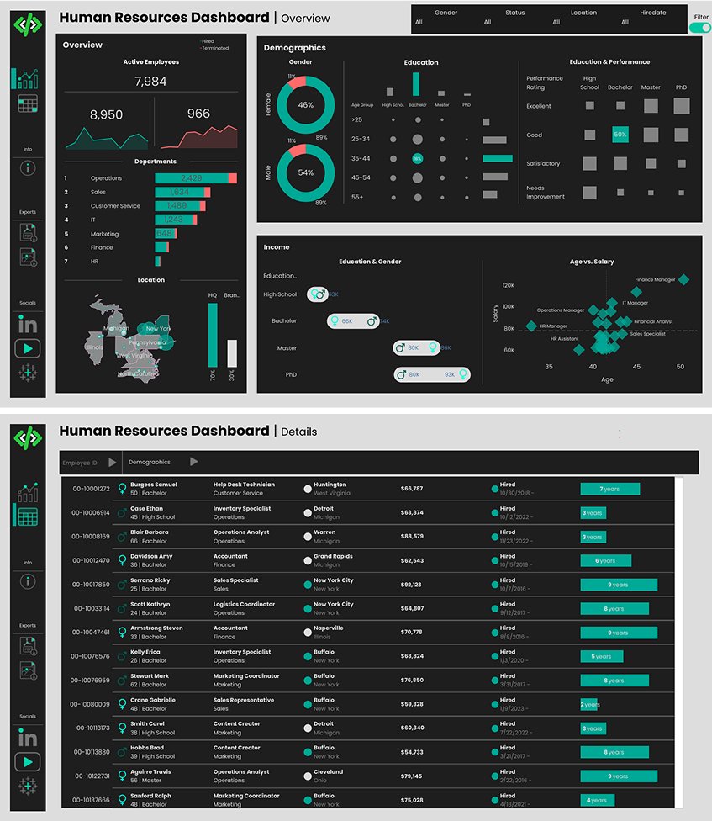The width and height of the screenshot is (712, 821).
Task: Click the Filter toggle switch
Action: click(699, 28)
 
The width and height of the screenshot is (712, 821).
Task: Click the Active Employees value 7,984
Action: click(150, 82)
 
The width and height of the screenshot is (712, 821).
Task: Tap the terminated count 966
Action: click(198, 114)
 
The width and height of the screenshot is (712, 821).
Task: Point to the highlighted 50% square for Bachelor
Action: click(620, 135)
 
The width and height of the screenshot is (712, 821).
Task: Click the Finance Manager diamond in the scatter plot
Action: click(683, 280)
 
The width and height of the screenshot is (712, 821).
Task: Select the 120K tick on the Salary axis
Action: click(508, 286)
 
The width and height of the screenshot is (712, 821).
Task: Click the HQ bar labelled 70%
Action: click(213, 335)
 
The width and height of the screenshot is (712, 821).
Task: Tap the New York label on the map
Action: click(158, 328)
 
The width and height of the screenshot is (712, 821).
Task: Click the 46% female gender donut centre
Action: click(306, 105)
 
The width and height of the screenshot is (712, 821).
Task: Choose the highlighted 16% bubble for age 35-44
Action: click(417, 158)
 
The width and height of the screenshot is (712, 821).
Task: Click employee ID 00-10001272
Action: click(91, 489)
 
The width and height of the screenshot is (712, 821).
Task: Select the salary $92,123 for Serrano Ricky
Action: click(412, 585)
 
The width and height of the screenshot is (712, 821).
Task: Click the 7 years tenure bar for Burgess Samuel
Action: click(609, 489)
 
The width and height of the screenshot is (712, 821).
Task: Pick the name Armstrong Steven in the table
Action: click(156, 628)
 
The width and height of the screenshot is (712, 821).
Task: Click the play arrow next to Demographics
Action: click(194, 461)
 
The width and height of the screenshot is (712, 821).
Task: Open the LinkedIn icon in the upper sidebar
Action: click(28, 325)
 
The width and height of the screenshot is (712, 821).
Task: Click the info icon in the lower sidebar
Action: click(28, 581)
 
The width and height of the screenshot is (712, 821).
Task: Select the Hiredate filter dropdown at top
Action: click(625, 18)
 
